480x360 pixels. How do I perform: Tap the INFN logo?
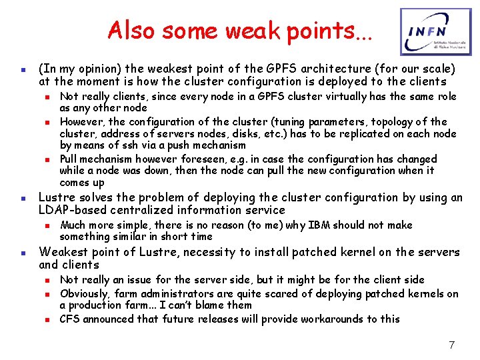[430, 31]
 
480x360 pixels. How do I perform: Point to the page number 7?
[451, 345]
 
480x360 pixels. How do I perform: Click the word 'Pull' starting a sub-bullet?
[71, 159]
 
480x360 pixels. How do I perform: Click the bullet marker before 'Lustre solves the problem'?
[23, 198]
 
